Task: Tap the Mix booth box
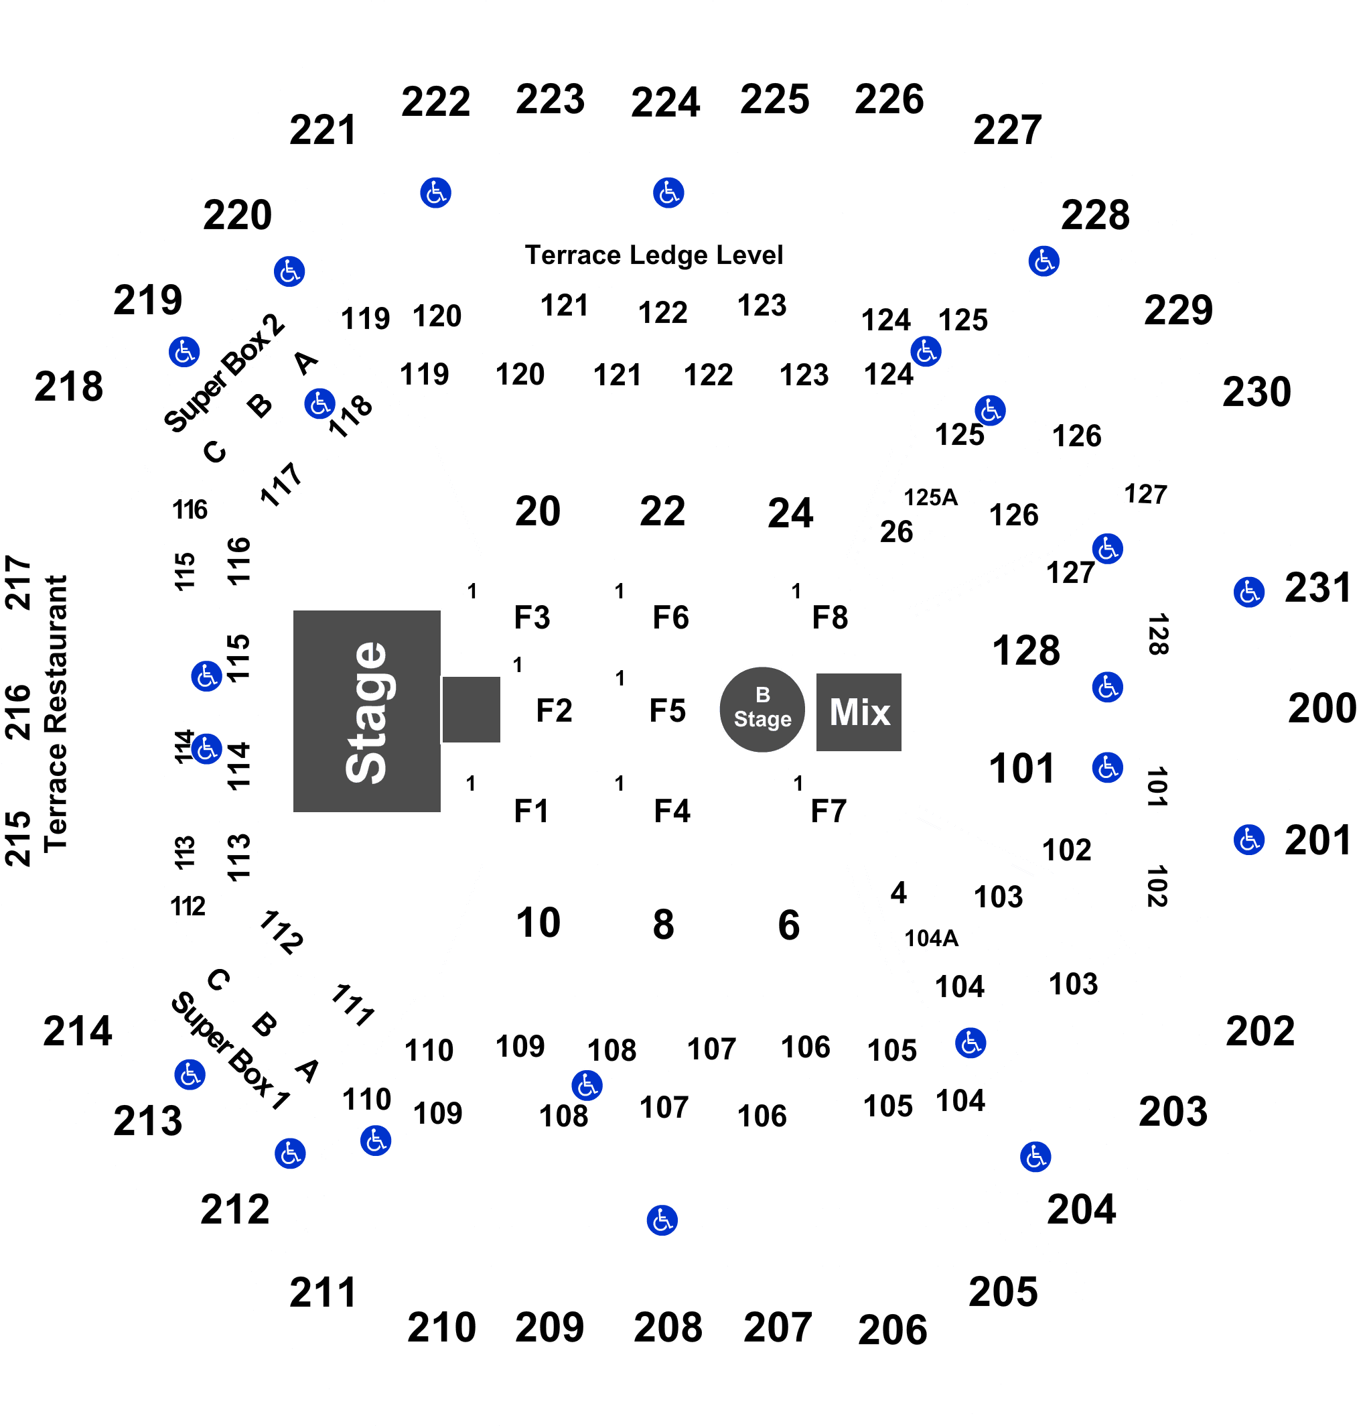click(x=858, y=712)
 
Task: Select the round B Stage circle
click(x=762, y=710)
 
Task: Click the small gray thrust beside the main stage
click(x=472, y=710)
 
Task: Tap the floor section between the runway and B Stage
click(x=660, y=712)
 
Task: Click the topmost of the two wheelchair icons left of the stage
click(x=206, y=677)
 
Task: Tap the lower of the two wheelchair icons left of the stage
click(x=206, y=749)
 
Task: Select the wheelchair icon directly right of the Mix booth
click(x=1107, y=687)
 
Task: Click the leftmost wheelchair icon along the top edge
click(x=435, y=193)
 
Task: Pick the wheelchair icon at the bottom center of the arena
click(x=662, y=1220)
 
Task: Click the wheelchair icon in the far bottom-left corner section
click(x=190, y=1074)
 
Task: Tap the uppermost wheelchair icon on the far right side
click(x=1248, y=592)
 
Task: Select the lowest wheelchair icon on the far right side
click(x=1248, y=840)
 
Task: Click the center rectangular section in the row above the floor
click(x=664, y=503)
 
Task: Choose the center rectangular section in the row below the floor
click(x=664, y=919)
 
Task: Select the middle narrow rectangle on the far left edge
click(x=18, y=710)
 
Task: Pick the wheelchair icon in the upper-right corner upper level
click(x=1044, y=261)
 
